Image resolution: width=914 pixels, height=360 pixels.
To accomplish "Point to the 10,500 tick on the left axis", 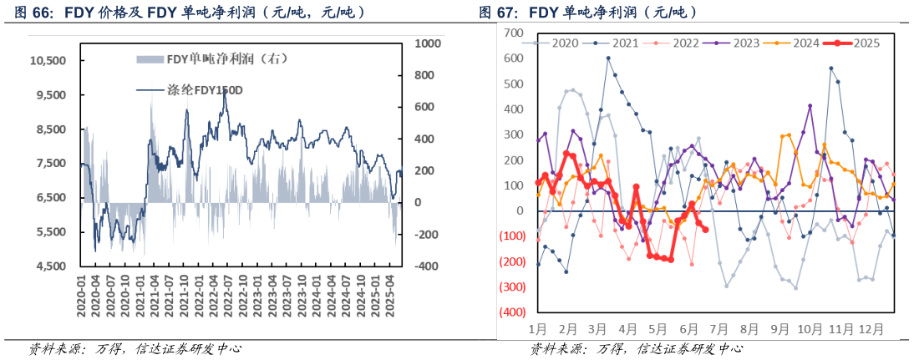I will pyautogui.click(x=48, y=61).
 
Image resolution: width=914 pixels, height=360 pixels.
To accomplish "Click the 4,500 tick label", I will pyautogui.click(x=51, y=266).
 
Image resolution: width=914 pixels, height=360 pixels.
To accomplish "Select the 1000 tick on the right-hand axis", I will pyautogui.click(x=428, y=43).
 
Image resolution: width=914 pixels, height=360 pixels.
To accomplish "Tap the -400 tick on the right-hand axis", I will pyautogui.click(x=425, y=266).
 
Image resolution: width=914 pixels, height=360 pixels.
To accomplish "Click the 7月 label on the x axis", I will pyautogui.click(x=718, y=329).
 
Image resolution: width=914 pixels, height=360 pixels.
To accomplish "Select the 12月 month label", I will pyautogui.click(x=871, y=329).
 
